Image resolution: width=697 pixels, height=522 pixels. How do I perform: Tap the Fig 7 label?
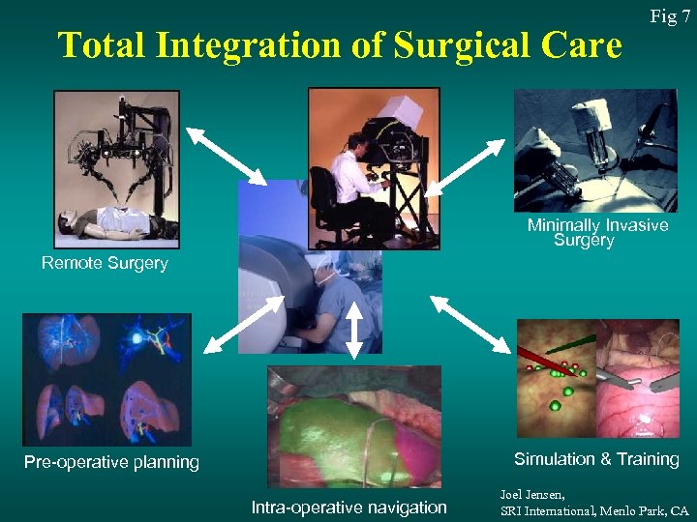(670, 16)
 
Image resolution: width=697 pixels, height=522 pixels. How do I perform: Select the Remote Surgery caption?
(105, 263)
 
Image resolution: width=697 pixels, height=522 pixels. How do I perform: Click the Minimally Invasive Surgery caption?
(597, 232)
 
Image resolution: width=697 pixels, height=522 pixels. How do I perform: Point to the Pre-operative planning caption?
(111, 462)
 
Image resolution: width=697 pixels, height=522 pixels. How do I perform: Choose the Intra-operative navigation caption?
(348, 507)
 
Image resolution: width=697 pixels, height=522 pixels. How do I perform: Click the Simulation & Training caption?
(596, 459)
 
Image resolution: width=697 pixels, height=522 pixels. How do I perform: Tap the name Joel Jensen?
(534, 493)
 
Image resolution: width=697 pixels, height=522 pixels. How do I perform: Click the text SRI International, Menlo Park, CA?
(594, 509)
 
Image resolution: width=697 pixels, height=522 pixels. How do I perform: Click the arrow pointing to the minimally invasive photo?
(466, 166)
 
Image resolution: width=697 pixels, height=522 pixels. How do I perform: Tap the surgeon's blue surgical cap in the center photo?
(325, 265)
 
